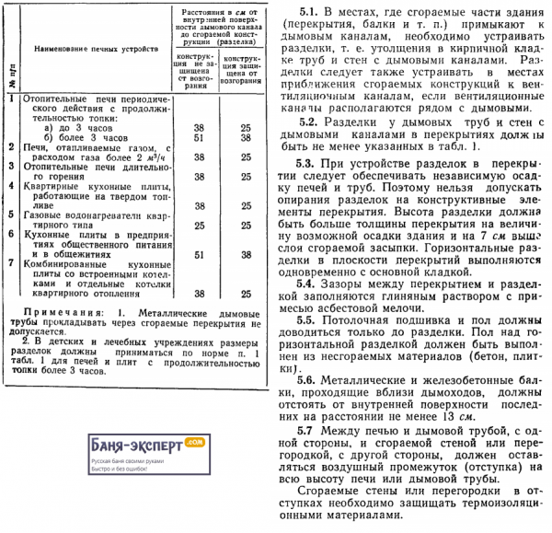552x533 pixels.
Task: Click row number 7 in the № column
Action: point(9,263)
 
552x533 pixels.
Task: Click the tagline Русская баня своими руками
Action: point(129,459)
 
